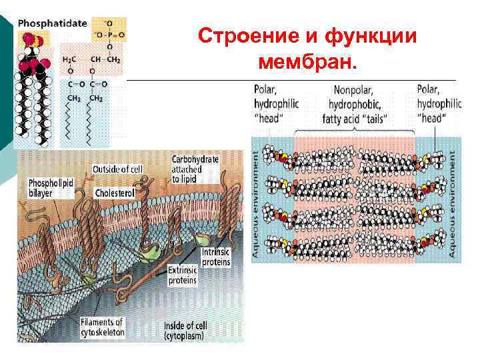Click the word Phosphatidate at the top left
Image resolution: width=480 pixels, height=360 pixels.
click(53, 23)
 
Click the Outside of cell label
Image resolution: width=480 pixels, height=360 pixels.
click(117, 169)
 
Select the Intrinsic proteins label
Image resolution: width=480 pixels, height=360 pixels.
click(215, 257)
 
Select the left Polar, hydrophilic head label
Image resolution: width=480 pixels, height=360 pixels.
click(275, 103)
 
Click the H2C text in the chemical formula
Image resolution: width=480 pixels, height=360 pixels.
click(69, 60)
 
